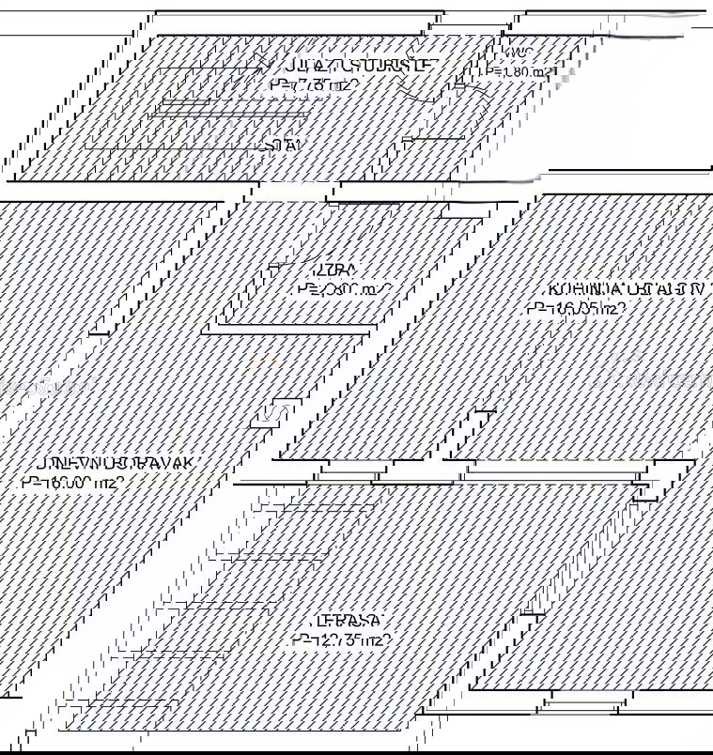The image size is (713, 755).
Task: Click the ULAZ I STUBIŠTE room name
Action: pos(359,66)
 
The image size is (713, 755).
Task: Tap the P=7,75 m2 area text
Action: pos(314,85)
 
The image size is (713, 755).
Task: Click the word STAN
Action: pos(285,146)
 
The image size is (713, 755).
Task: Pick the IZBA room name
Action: pos(319,270)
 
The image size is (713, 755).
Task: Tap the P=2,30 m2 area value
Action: pos(342,290)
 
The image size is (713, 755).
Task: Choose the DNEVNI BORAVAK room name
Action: pos(115,463)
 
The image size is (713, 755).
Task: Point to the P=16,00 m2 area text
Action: pos(72,484)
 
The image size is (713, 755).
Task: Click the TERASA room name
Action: pos(349,621)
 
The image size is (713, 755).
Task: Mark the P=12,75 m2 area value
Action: pos(340,641)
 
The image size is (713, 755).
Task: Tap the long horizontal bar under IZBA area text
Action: pos(289,329)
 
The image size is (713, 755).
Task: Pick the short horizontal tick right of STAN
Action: pos(433,140)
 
